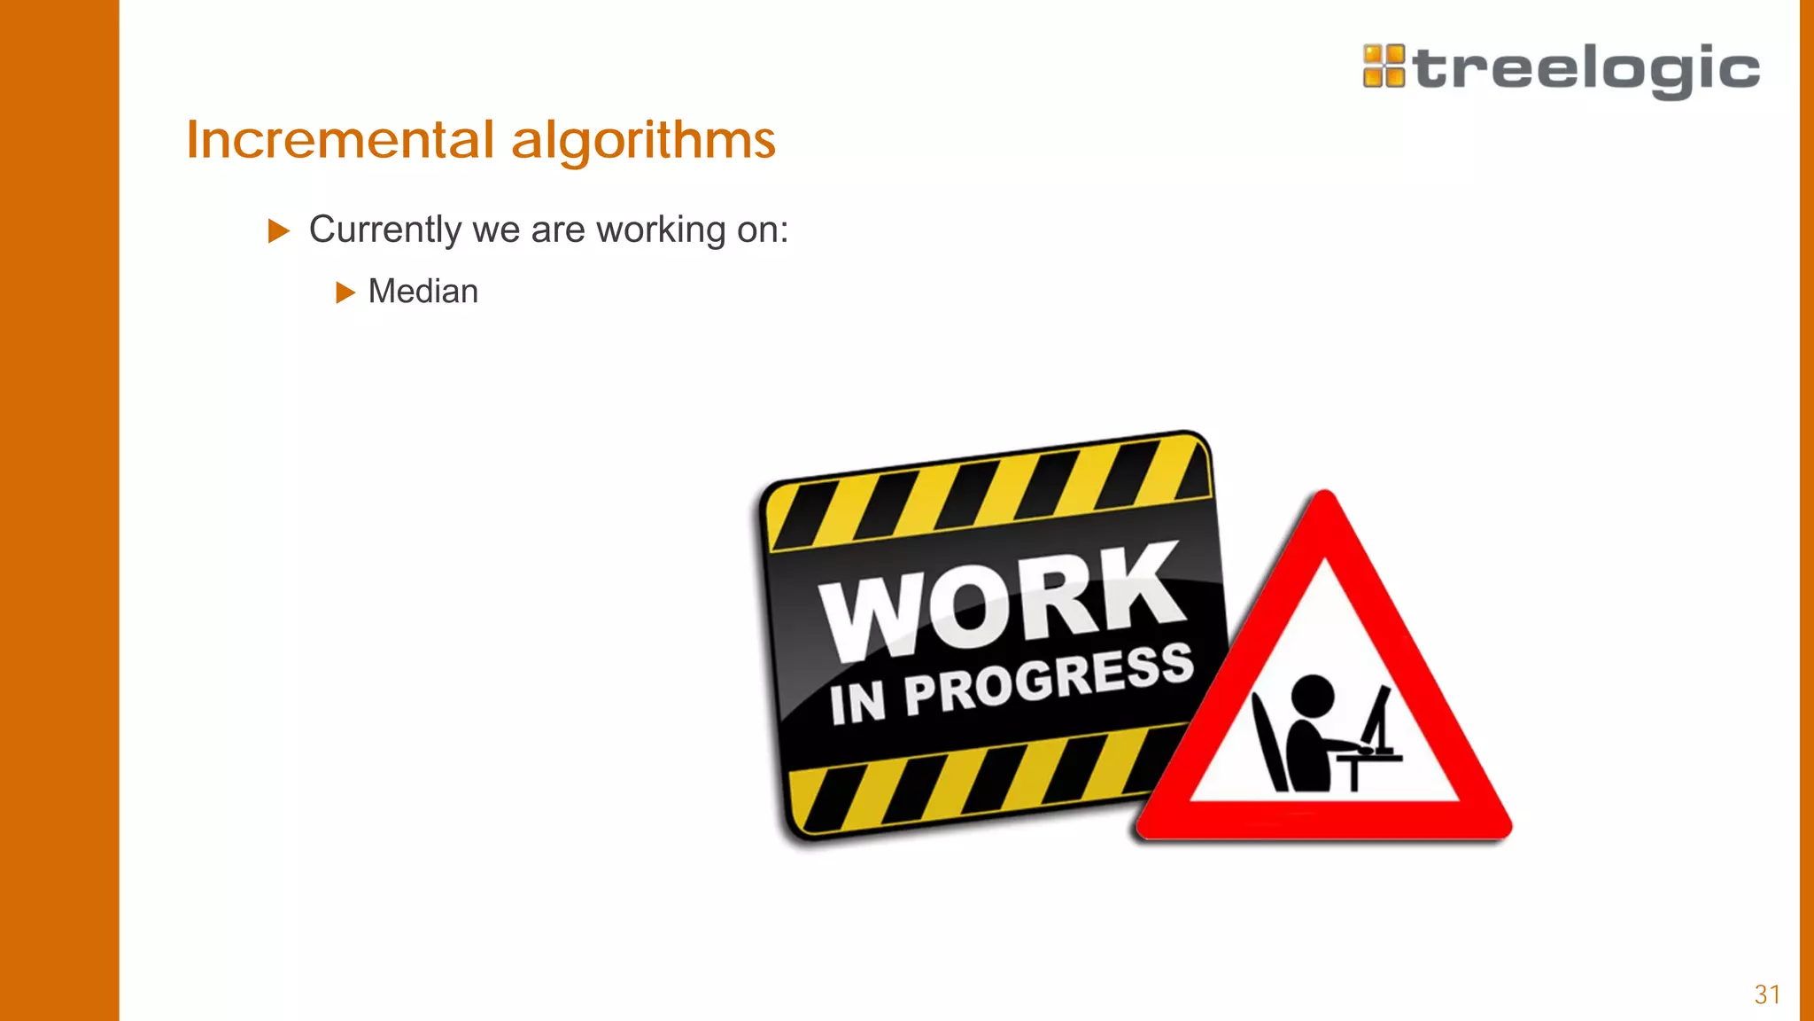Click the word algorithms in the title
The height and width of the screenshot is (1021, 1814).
pos(643,140)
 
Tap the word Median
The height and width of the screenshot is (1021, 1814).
pos(422,292)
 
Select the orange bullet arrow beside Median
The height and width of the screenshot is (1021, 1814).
pos(345,292)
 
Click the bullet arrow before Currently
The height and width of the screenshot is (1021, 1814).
pos(279,231)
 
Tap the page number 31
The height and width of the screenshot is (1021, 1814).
pos(1767,994)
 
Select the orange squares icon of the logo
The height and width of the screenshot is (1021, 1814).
pos(1384,66)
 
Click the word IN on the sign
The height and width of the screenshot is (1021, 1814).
pos(857,703)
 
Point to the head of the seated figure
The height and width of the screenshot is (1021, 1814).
pos(1312,695)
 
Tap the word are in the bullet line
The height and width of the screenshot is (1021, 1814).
pos(558,230)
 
